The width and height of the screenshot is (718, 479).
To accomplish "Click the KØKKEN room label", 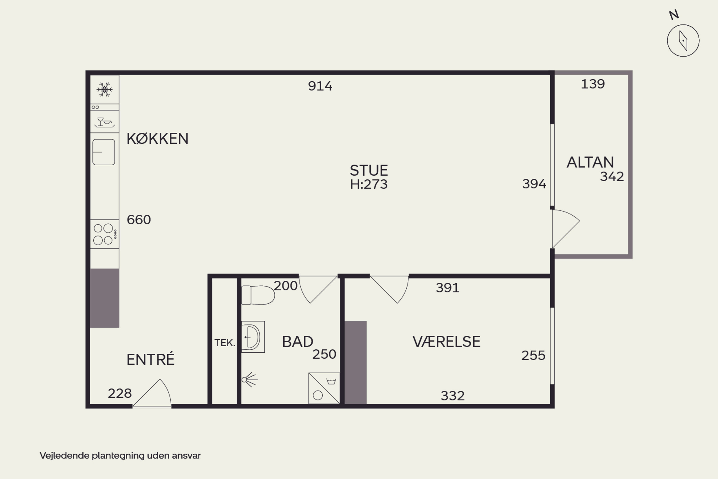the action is [x=157, y=139].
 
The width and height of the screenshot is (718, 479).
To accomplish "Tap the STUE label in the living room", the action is [x=369, y=170].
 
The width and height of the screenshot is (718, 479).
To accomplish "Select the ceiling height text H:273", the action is [x=369, y=184].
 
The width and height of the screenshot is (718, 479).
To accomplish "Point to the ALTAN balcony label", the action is [x=590, y=162].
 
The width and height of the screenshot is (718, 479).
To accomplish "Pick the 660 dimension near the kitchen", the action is [x=139, y=220].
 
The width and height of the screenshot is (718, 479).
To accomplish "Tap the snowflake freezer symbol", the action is [x=104, y=90].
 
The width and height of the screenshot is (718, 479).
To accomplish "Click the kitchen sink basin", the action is [x=104, y=152].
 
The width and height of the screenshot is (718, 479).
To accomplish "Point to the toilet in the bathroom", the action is [x=258, y=295].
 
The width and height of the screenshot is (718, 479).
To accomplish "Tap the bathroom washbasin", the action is [x=253, y=337].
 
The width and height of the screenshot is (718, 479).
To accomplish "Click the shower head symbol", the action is [x=250, y=380].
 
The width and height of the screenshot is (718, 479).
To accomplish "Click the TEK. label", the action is [x=225, y=343].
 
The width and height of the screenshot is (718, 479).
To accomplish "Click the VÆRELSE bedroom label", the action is [x=446, y=342].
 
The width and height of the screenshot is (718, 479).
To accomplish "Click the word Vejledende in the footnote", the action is [x=65, y=456].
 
